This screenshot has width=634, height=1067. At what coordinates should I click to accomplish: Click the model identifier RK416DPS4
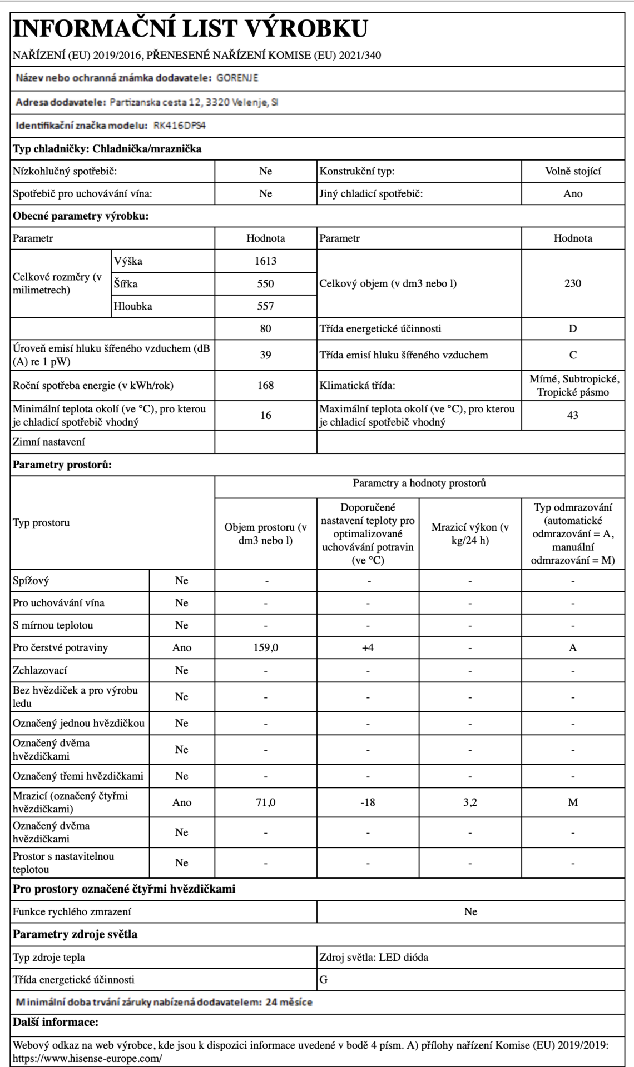coord(180,126)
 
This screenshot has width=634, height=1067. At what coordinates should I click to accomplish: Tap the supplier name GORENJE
coord(237,78)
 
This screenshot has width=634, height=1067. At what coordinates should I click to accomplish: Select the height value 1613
coord(265,261)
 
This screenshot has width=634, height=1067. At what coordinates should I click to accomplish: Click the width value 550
coord(265,283)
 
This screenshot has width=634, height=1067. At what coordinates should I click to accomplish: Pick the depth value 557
coord(265,306)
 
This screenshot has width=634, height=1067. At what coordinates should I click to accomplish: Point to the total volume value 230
coord(572,283)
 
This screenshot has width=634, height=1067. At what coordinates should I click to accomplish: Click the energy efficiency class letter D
coord(572,328)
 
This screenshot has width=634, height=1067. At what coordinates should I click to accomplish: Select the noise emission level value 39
coord(265,355)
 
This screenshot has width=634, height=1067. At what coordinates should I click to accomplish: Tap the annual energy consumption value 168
coord(265,385)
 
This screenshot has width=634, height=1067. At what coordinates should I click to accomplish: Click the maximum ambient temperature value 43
coord(572,415)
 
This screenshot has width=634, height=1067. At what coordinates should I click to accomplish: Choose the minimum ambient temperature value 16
coord(265,415)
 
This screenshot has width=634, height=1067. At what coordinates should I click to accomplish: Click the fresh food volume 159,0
coord(265,647)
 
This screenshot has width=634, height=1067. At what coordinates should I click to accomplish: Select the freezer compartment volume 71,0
coord(265,802)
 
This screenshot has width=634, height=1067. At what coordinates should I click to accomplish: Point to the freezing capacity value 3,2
coord(470,802)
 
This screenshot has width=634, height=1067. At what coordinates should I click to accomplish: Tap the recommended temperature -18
coord(368,802)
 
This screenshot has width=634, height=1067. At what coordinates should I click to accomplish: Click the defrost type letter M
coord(572,802)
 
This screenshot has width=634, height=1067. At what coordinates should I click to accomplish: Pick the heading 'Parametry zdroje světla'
coord(75,934)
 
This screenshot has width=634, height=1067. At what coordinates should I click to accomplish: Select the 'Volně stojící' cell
coord(572,171)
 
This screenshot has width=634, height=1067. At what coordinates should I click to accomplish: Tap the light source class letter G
coord(324,980)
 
